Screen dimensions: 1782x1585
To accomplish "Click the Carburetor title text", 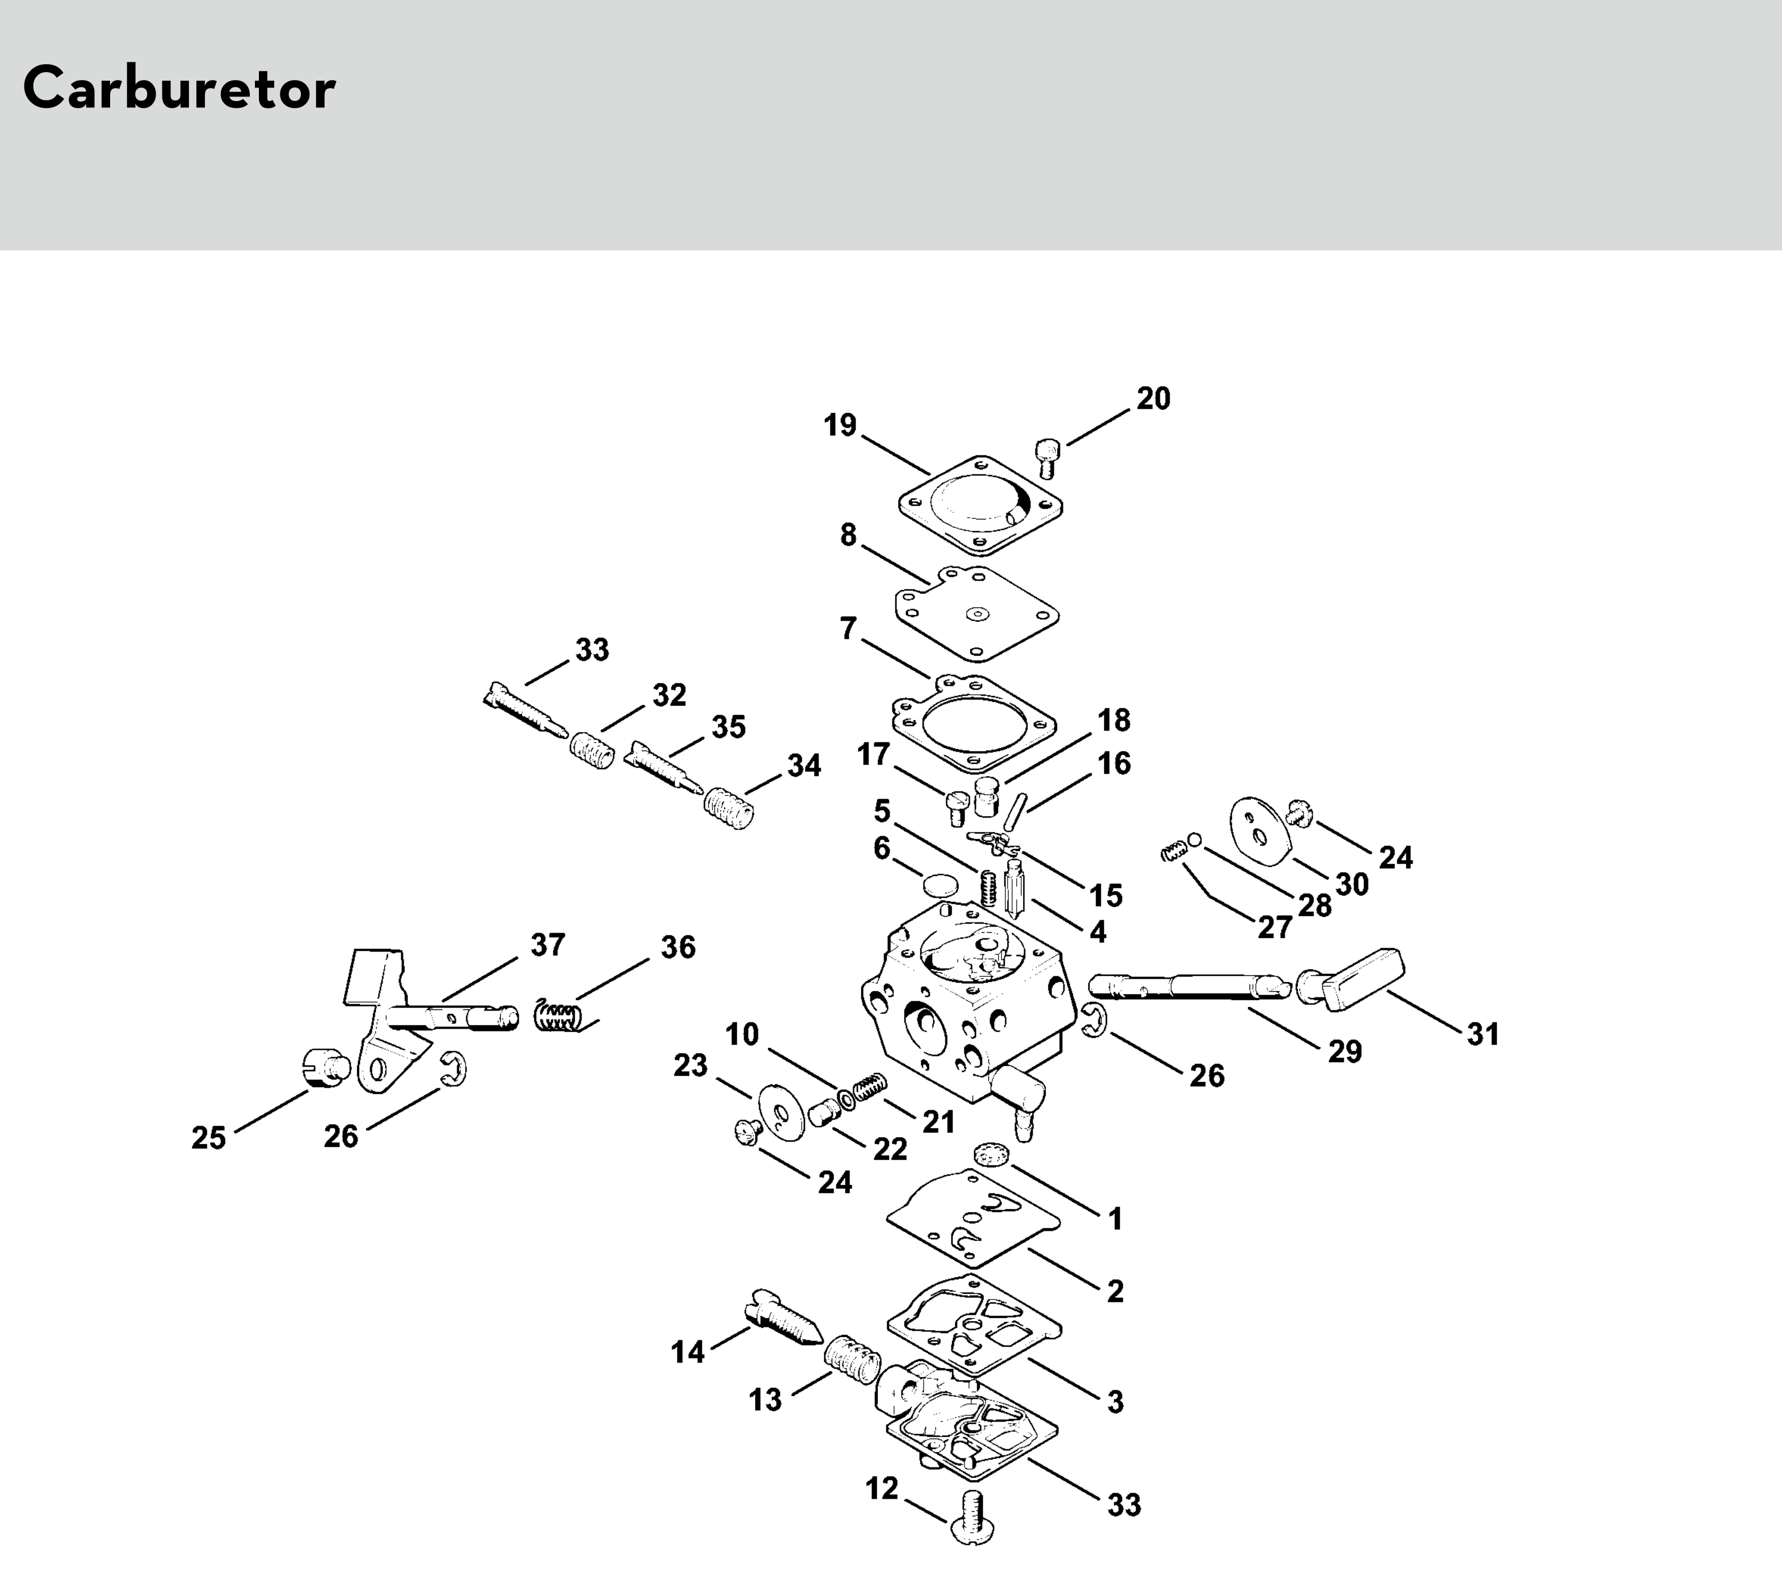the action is tap(179, 88).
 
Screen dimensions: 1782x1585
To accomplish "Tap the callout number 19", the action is tap(840, 425).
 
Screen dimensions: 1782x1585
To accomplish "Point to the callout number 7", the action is tap(848, 628).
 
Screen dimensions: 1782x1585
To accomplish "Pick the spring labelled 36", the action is tap(558, 1016).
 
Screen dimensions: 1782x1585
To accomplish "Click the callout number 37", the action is tap(548, 944).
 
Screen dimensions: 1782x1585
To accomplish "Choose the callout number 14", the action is tap(687, 1352).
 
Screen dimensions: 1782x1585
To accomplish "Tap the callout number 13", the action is tap(765, 1400).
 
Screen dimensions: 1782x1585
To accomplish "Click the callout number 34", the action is tap(804, 765).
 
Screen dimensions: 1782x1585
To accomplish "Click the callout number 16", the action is tap(1114, 763).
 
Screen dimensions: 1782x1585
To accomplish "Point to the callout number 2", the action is tap(1115, 1291).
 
